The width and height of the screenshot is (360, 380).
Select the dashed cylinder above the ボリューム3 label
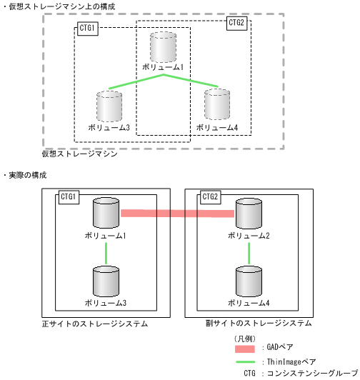[109, 106]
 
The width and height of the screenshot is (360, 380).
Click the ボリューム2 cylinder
[248, 214]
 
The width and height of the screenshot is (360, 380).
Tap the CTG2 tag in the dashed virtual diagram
[236, 24]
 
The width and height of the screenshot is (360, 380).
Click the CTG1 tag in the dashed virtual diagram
[87, 30]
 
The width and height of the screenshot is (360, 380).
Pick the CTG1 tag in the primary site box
[69, 197]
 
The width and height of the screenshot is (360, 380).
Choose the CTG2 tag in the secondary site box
[211, 197]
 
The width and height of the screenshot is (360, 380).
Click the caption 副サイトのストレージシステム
[258, 324]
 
